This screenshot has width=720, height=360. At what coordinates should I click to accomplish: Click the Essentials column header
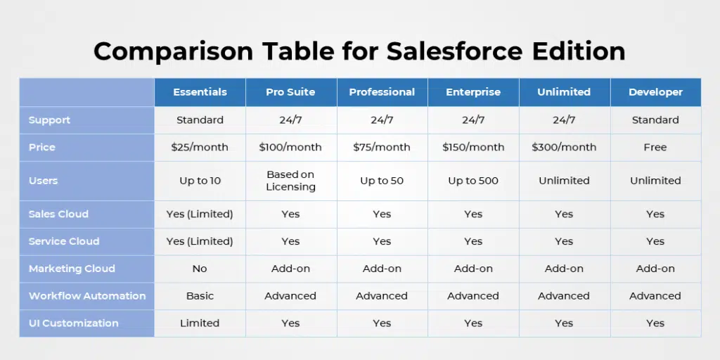point(200,92)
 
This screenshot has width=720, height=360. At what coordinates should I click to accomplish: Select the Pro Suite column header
point(290,92)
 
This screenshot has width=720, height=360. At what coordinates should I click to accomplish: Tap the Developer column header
point(655,92)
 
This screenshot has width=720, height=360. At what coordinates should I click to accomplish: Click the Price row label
point(41,148)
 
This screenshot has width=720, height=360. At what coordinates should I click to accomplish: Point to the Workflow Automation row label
point(87,296)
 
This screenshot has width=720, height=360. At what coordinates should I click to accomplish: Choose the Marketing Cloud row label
point(72,269)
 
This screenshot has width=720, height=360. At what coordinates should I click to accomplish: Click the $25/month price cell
point(200,148)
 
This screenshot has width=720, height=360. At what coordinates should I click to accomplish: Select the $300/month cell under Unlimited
point(564,148)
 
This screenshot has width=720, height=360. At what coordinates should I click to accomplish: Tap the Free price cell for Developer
point(655,148)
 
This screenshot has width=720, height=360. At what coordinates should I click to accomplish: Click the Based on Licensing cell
point(290,181)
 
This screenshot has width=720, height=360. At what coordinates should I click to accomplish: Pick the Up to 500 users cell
point(473,181)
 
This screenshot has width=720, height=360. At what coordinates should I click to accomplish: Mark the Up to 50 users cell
point(382,181)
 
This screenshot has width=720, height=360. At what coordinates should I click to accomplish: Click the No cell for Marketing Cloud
point(200,269)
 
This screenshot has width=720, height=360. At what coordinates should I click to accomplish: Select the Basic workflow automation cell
point(200,296)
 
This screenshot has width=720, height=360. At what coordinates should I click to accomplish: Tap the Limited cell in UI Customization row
point(200,323)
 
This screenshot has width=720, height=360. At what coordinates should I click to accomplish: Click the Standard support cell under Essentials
point(200,120)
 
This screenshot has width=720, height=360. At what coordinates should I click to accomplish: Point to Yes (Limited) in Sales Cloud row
point(200,214)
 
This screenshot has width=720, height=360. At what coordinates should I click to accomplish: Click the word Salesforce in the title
point(454,51)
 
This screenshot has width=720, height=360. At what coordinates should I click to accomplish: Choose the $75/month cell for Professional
point(382,148)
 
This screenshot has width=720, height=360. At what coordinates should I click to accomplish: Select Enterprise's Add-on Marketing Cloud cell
point(473,269)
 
